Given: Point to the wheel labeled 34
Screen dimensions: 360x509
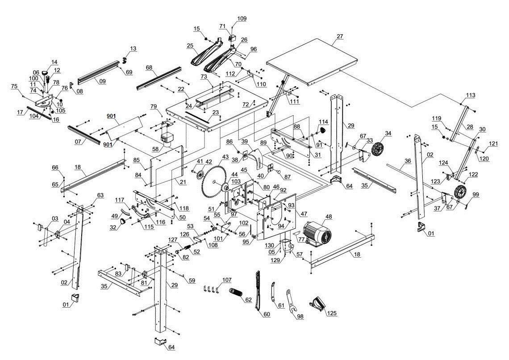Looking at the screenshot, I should (x=378, y=150).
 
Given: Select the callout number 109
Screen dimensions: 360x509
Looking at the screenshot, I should (x=242, y=19).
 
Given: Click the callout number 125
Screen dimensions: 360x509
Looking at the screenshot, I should (x=331, y=314).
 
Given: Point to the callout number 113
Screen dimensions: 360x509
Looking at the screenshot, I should (x=470, y=95).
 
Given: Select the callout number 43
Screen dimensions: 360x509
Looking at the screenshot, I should (x=225, y=157).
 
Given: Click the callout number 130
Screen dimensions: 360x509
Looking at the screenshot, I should (x=269, y=246).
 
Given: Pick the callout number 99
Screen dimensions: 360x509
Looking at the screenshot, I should (x=475, y=195).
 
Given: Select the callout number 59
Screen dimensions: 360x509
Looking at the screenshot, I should (x=192, y=280).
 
